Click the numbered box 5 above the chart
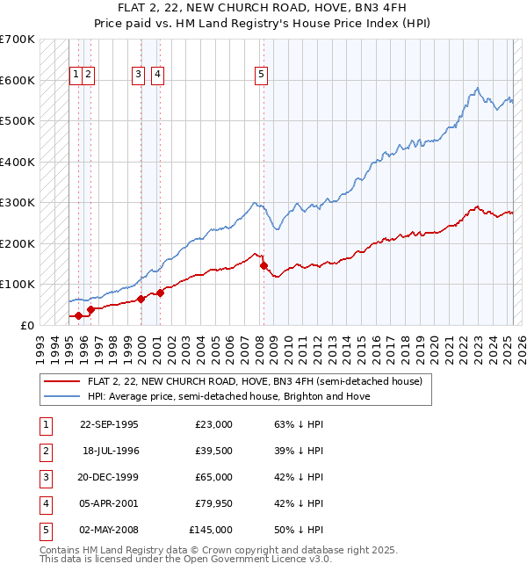pyautogui.click(x=262, y=76)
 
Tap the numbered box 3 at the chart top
pyautogui.click(x=139, y=76)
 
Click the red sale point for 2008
pyautogui.click(x=263, y=265)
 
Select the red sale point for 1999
pyautogui.click(x=141, y=299)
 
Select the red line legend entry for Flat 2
pyautogui.click(x=256, y=381)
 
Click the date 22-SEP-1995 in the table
pyautogui.click(x=109, y=424)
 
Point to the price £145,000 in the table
pyautogui.click(x=211, y=530)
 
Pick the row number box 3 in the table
pyautogui.click(x=45, y=477)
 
